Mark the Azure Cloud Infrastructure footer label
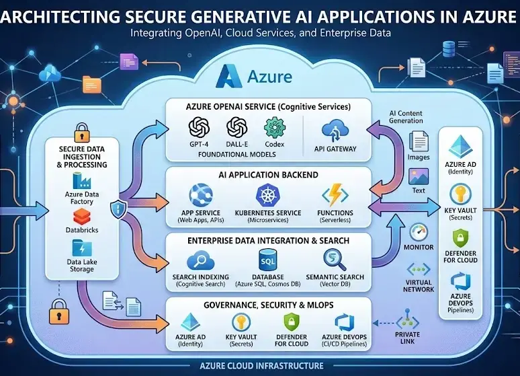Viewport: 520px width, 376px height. click(x=261, y=366)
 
